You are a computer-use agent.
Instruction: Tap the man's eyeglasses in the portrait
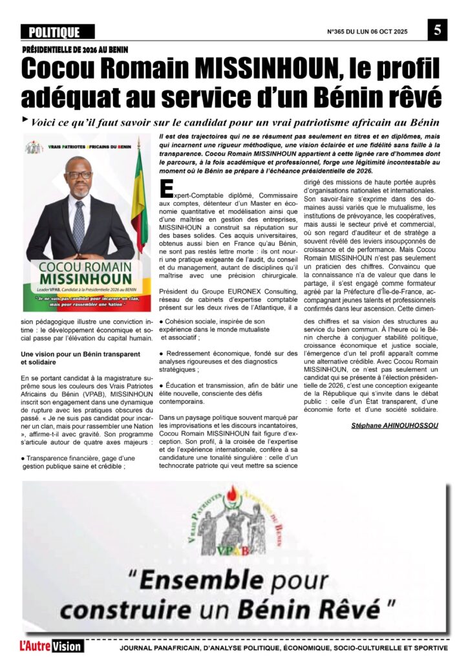pos(80,175)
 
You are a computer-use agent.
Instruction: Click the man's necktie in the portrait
pos(79,224)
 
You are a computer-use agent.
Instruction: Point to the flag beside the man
pos(138,200)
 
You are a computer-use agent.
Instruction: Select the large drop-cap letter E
pos(166,187)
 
